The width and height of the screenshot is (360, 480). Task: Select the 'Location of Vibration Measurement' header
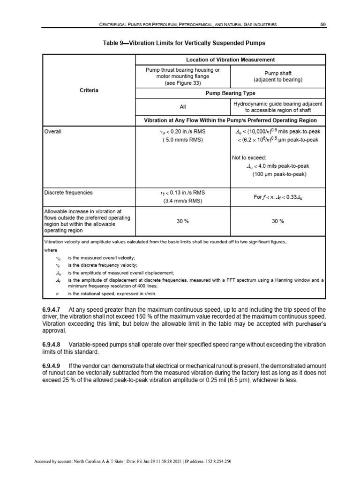point(230,60)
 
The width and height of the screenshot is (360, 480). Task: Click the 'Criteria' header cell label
point(89,90)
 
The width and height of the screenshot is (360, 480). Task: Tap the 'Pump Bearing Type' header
point(230,93)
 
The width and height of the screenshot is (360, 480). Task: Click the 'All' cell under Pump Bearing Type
point(182,106)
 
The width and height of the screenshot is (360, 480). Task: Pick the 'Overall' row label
point(53,132)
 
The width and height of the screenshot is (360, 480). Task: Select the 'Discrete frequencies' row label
point(68,192)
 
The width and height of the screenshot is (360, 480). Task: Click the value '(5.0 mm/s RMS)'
point(183,140)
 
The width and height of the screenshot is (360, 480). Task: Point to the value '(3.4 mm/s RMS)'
point(183,201)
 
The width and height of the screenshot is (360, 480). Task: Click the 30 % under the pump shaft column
point(277,221)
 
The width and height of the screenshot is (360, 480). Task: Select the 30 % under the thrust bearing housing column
point(182,221)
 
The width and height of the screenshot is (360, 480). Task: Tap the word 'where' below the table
point(50,250)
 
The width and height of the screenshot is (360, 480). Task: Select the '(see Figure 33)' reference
point(182,83)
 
